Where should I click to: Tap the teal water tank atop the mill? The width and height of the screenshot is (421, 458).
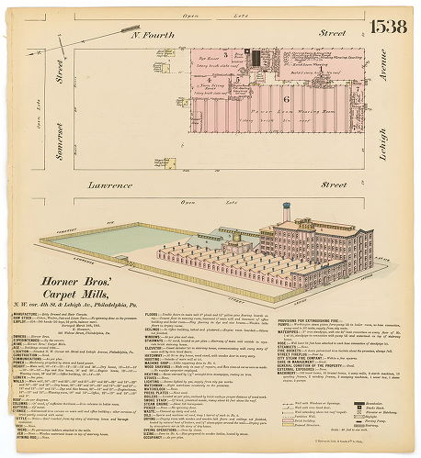click(287, 210)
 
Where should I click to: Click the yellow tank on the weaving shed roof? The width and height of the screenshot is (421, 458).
click(238, 237)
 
